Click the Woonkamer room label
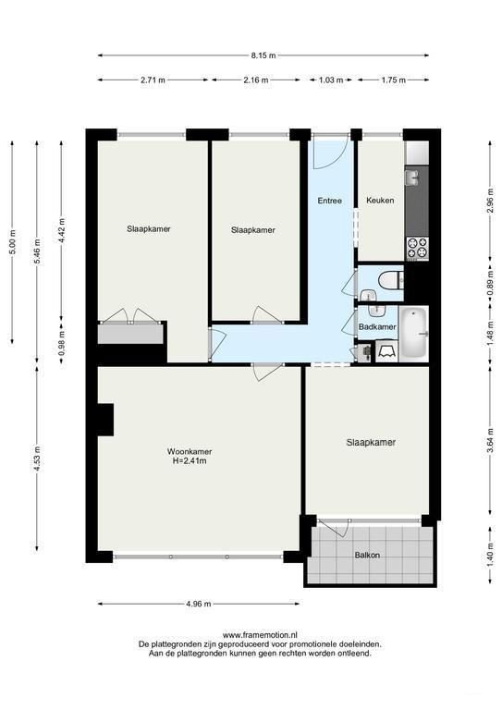coord(190,451)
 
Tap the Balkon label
coord(367,555)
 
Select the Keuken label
coord(380,200)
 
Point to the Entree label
coord(329,201)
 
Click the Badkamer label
coord(377,326)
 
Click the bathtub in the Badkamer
coord(414,334)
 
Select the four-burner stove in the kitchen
coord(417,249)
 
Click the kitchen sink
coord(413,177)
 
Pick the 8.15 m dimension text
coord(263,55)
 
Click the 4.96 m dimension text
coord(200,604)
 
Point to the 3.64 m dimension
coord(491,440)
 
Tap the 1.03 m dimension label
coord(331,80)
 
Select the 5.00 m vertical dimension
coord(13,242)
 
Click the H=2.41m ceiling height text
coord(190,461)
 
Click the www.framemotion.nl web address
coord(260,635)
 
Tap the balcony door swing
coord(334,527)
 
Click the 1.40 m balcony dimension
coord(491,555)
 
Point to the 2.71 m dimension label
coord(153,80)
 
